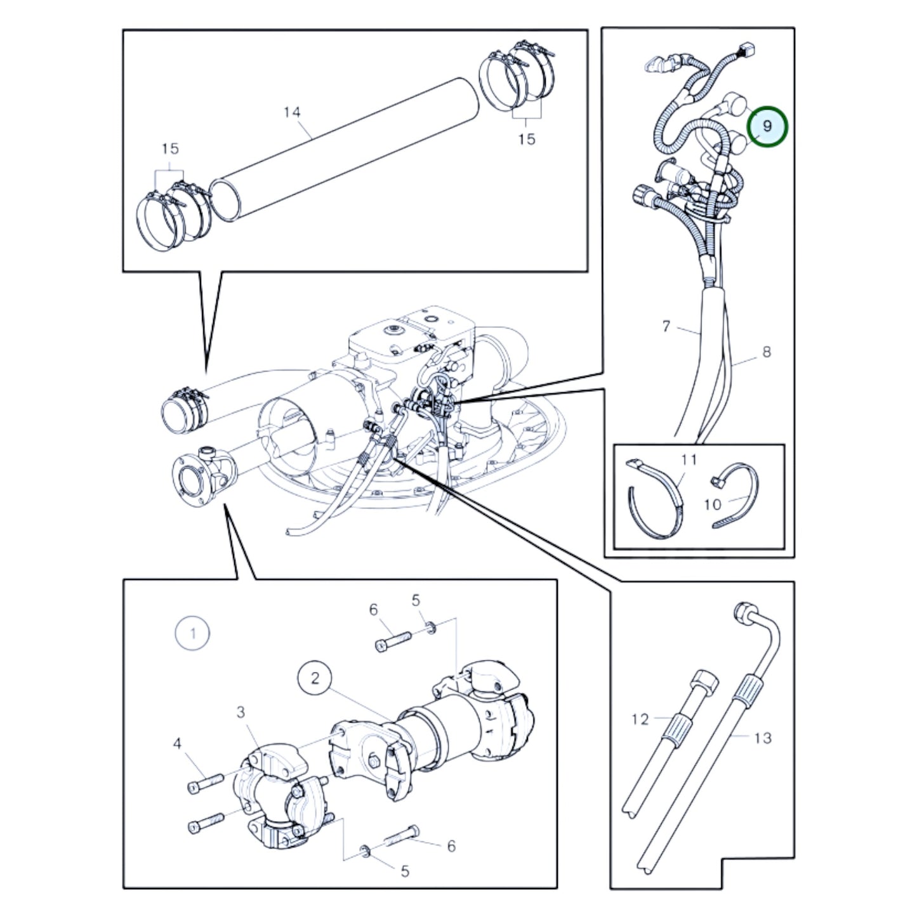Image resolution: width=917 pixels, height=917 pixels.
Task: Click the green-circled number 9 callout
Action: (767, 126)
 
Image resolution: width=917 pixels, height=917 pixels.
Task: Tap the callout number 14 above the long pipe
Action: (292, 112)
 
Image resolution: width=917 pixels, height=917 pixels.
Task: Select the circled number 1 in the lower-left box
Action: (193, 633)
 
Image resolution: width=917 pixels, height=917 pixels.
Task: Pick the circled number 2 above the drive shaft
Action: (315, 678)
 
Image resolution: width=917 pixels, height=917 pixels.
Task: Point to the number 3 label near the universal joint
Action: (241, 713)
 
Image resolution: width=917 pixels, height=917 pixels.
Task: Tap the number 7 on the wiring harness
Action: (666, 326)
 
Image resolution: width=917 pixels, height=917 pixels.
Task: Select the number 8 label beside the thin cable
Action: (767, 353)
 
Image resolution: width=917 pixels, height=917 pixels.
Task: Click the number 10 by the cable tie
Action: (713, 505)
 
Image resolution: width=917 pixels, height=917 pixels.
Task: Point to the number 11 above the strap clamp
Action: (689, 459)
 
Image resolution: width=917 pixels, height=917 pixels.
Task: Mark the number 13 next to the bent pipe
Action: (762, 738)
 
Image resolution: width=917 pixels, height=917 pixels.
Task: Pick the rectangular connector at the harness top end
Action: (747, 50)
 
